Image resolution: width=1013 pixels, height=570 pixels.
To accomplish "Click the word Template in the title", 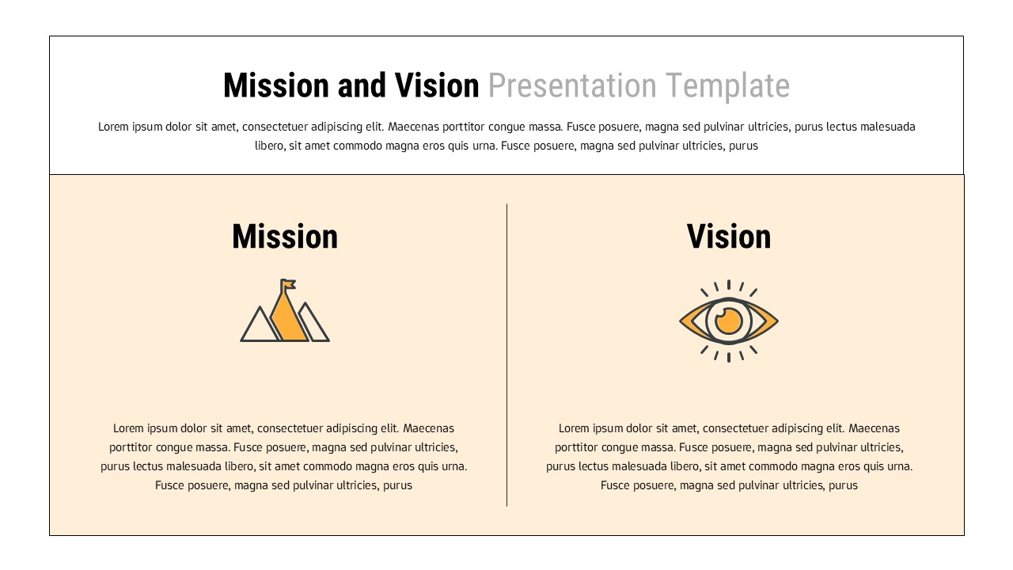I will (x=727, y=85).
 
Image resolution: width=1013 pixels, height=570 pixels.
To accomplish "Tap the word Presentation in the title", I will (x=571, y=85).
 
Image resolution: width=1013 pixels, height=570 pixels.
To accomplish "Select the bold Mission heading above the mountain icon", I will (x=285, y=237).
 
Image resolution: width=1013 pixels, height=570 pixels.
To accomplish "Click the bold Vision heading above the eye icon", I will (x=729, y=237).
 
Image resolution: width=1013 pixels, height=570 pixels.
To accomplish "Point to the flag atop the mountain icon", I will (x=288, y=283).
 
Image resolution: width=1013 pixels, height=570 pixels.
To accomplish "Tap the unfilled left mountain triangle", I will (x=259, y=328).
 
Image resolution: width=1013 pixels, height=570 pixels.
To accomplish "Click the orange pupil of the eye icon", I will (x=729, y=321).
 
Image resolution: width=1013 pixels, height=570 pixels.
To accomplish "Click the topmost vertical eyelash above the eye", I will (x=729, y=284).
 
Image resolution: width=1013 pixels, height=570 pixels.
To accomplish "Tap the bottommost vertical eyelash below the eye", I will (x=729, y=358).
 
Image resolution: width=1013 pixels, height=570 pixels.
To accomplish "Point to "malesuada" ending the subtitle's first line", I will (x=887, y=127).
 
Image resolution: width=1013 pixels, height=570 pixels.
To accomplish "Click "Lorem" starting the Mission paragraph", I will (x=129, y=428).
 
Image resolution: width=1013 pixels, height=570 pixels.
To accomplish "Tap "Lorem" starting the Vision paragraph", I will (x=575, y=428).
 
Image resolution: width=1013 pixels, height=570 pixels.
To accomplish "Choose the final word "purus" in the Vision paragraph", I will (x=843, y=485).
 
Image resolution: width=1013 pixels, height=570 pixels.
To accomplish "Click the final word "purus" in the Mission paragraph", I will (x=397, y=485).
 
